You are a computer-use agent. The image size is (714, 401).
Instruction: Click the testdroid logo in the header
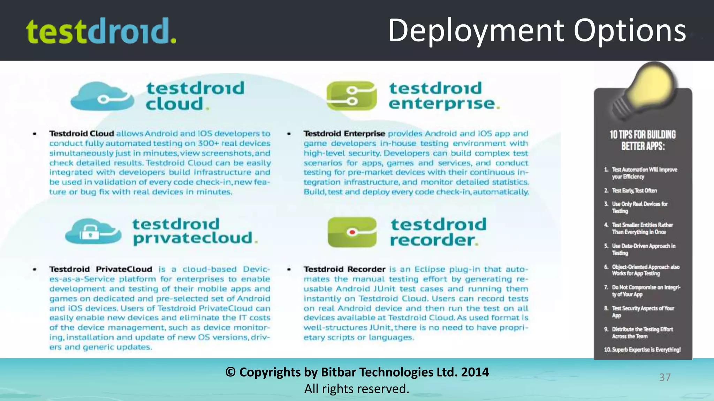pyautogui.click(x=101, y=31)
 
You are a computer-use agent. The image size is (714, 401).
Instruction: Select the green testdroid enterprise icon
pyautogui.click(x=351, y=96)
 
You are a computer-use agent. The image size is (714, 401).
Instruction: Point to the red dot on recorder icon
pyautogui.click(x=352, y=232)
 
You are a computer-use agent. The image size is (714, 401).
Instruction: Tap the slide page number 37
pyautogui.click(x=664, y=377)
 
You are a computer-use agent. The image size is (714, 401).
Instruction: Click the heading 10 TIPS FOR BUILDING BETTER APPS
pyautogui.click(x=643, y=140)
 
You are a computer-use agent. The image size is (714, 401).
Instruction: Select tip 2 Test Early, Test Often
pyautogui.click(x=634, y=190)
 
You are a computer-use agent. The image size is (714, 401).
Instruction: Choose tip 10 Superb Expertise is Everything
pyautogui.click(x=642, y=349)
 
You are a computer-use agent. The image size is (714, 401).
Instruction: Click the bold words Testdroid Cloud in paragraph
pyautogui.click(x=82, y=134)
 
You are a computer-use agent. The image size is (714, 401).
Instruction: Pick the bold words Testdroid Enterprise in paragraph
pyautogui.click(x=344, y=134)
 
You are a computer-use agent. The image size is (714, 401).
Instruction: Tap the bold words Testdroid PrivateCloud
pyautogui.click(x=101, y=269)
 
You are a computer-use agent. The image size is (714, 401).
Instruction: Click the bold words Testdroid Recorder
pyautogui.click(x=344, y=269)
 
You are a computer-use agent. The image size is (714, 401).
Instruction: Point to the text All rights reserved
pyautogui.click(x=357, y=389)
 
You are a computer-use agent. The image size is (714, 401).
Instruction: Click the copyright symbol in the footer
pyautogui.click(x=230, y=372)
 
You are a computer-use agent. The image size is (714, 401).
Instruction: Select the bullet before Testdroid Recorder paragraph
pyautogui.click(x=289, y=269)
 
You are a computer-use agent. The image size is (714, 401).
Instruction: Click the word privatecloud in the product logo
pyautogui.click(x=192, y=238)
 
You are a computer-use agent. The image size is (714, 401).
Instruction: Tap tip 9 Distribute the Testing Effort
pyautogui.click(x=642, y=332)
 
